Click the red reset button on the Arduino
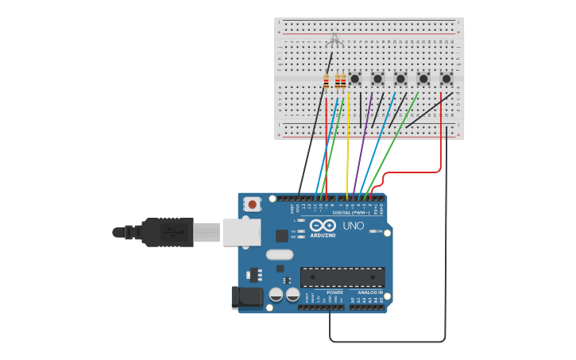[x=253, y=204]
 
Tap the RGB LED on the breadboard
[x=334, y=40]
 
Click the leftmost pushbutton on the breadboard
[x=355, y=79]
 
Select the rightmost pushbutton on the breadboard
[x=446, y=79]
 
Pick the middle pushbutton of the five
[x=400, y=79]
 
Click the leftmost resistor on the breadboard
[x=326, y=80]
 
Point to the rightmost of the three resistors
[x=343, y=80]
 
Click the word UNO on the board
[x=353, y=226]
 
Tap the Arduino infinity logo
[x=323, y=226]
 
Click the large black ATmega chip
[x=342, y=277]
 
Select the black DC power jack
[x=249, y=297]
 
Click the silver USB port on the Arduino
[x=241, y=232]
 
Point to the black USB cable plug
[x=167, y=232]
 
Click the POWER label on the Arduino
[x=334, y=292]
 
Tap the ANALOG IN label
[x=369, y=292]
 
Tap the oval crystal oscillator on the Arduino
[x=280, y=255]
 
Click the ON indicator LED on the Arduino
[x=372, y=231]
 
